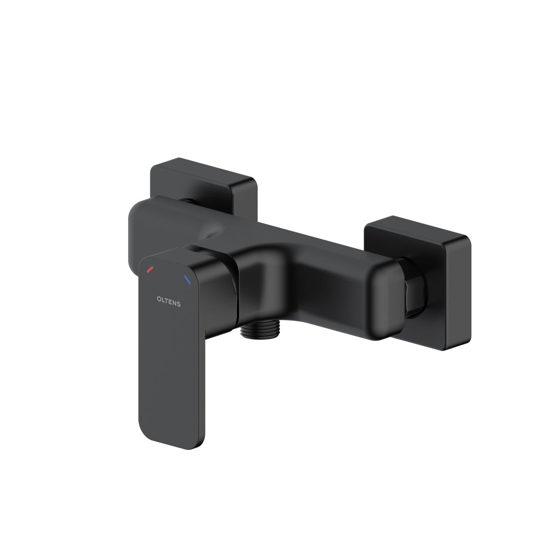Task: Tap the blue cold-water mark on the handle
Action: coord(187,279)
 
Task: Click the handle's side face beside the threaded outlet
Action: coord(220,298)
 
